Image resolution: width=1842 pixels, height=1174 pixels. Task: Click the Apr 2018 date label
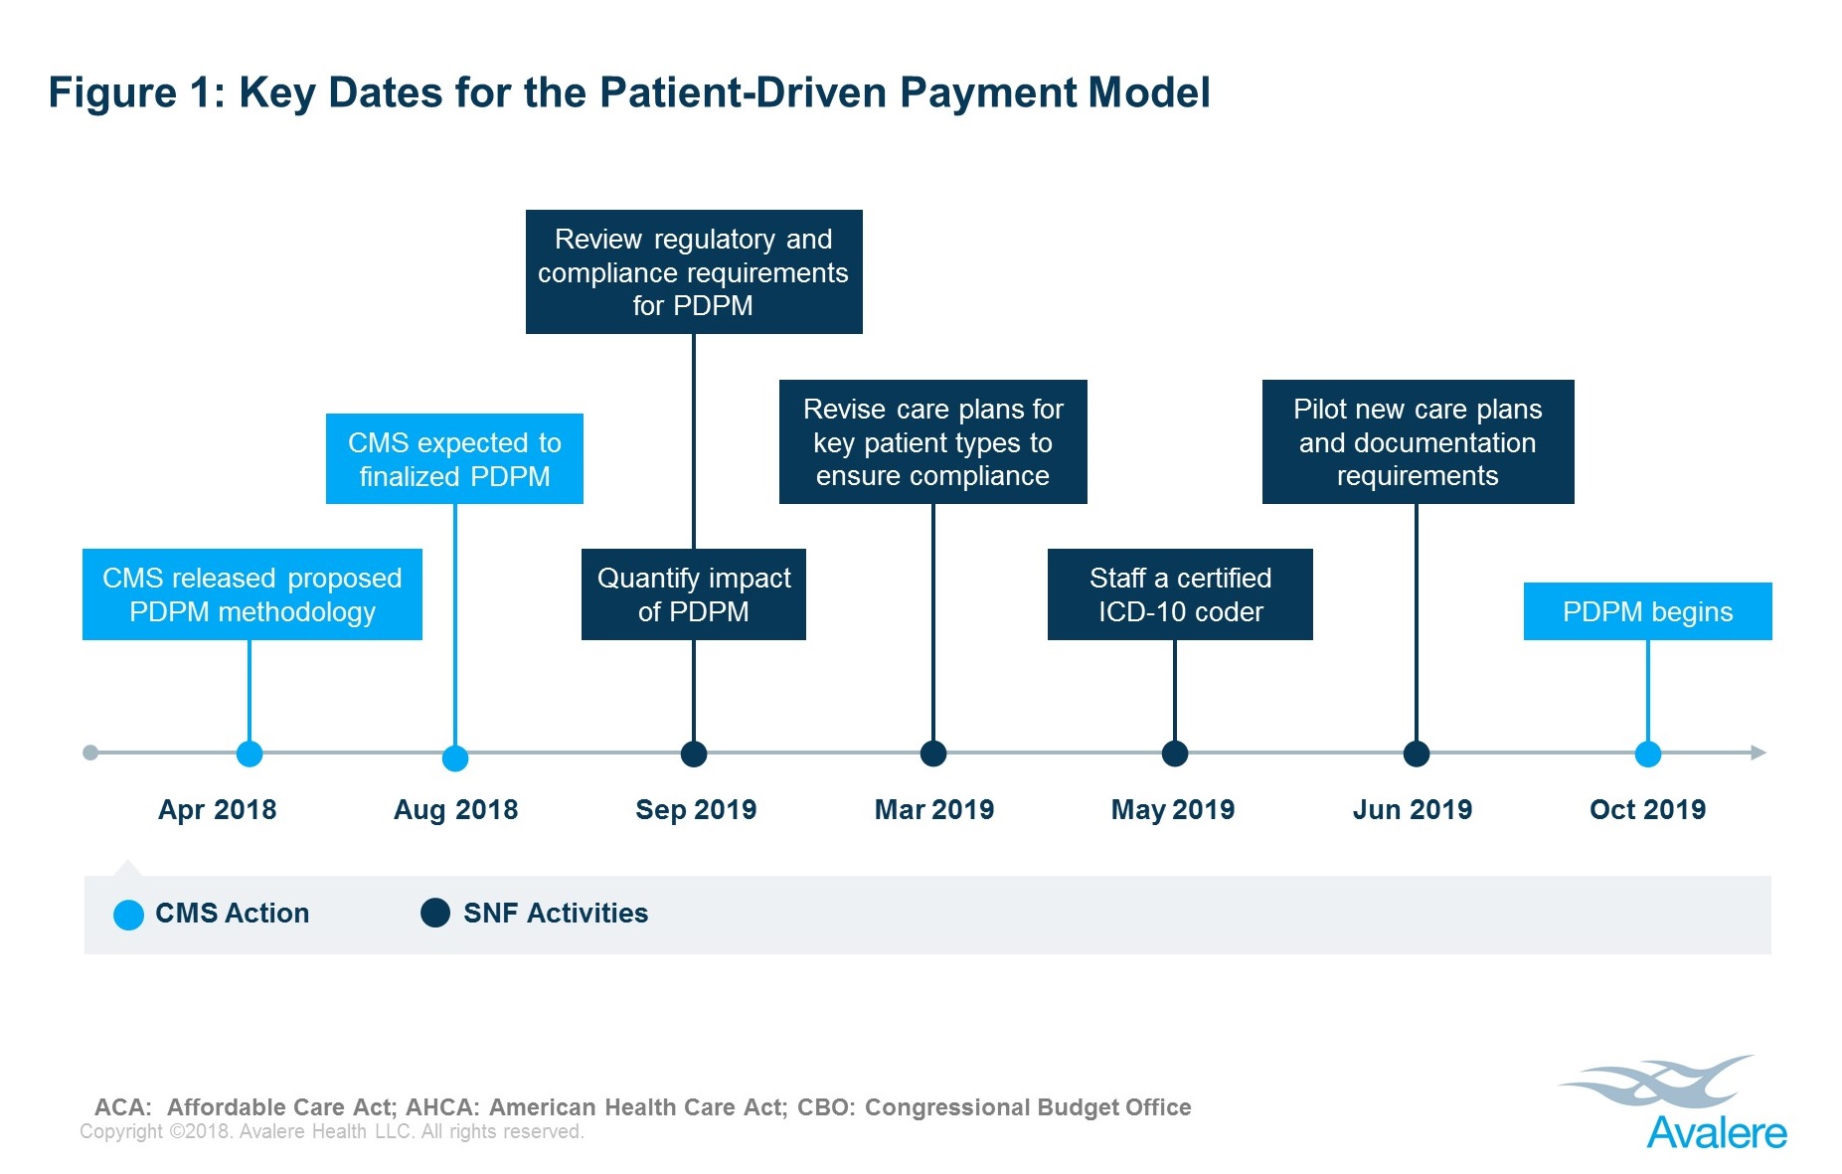217,809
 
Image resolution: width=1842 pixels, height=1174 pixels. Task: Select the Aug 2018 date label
455,809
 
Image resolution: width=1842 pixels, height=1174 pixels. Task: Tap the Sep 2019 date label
696,809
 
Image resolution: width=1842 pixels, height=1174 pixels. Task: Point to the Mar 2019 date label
934,809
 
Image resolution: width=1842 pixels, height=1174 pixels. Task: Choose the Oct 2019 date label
1647,809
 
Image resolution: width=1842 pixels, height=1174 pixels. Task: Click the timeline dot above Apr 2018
250,754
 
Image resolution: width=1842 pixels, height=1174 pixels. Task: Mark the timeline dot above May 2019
1175,754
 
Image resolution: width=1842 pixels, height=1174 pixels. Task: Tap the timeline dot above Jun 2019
1417,754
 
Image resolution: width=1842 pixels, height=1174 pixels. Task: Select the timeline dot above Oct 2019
1648,754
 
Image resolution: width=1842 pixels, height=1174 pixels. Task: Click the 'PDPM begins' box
1647,611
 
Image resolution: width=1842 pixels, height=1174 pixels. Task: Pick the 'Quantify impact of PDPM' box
694,594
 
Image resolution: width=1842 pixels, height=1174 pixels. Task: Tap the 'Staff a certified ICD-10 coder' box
1180,594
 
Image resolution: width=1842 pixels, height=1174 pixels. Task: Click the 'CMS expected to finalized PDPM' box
454,459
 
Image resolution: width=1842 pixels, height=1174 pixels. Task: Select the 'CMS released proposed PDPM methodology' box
252,594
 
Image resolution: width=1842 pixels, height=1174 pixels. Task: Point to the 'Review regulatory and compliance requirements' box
694,271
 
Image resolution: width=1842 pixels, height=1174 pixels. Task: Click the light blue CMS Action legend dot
129,915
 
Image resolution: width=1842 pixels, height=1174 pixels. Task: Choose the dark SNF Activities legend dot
435,913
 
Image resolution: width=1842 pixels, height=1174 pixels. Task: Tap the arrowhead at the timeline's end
1758,753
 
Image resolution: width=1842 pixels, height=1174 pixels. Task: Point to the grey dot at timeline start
90,753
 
